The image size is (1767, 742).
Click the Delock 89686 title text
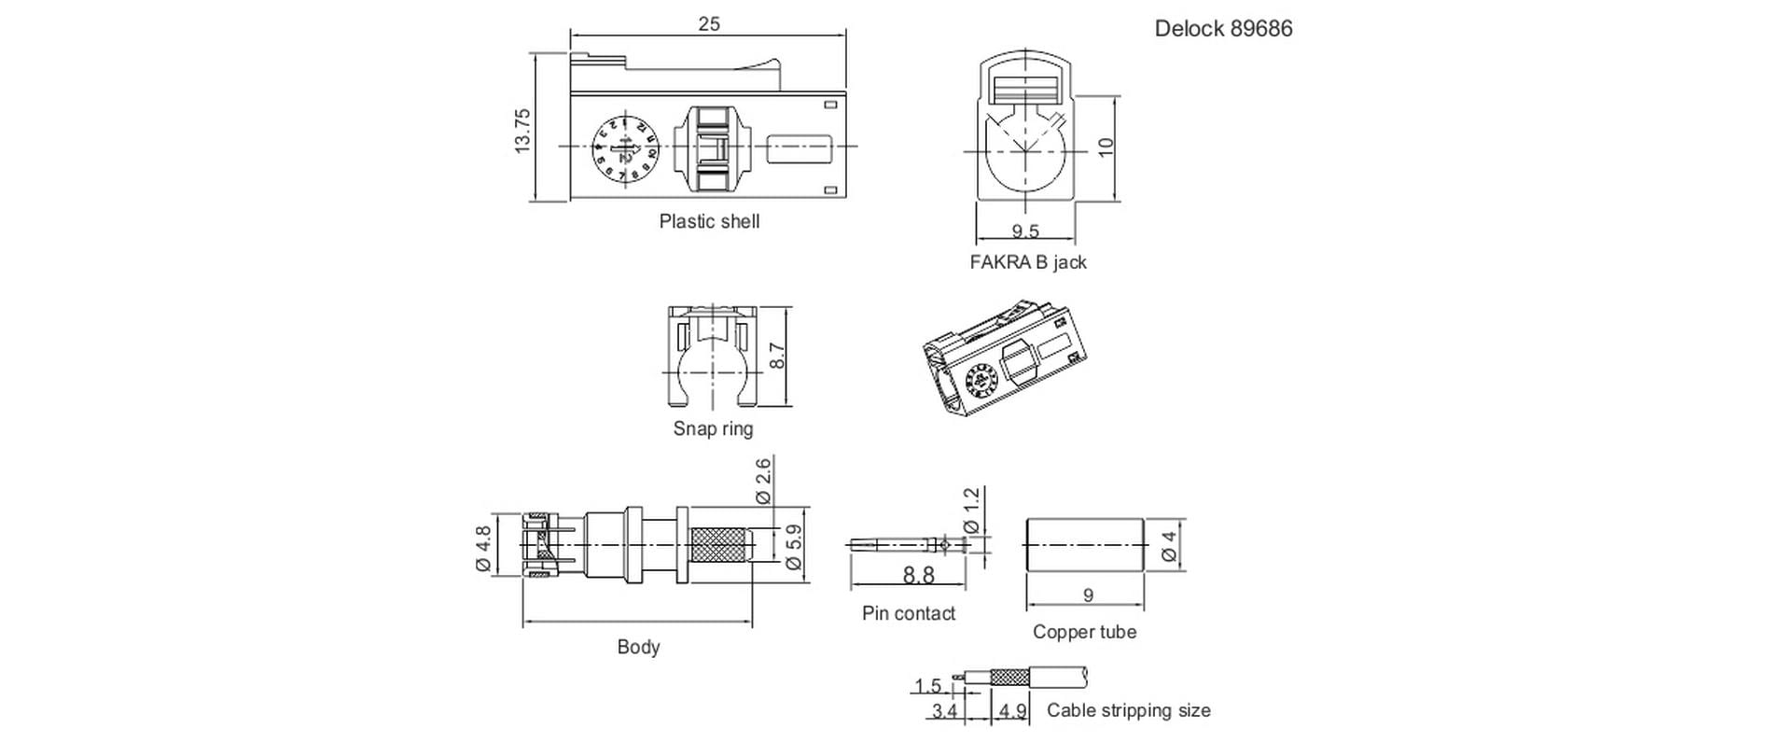coord(1223,29)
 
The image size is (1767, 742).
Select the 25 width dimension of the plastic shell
coord(709,24)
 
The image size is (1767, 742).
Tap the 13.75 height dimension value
coord(522,132)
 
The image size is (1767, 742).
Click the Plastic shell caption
coord(709,222)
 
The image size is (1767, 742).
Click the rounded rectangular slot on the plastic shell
coord(800,148)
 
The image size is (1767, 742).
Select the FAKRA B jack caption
coord(1027,262)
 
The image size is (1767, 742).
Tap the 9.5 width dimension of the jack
coord(1025,231)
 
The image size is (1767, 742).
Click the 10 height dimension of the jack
coord(1106,147)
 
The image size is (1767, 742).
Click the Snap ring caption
coord(713,429)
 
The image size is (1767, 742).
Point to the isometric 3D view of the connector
coord(1003,359)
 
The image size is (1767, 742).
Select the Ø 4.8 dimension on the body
coord(483,548)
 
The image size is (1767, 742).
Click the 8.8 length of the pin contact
coord(918,575)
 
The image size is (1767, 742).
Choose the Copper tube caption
coord(1084,632)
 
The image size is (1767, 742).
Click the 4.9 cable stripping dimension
coord(1012,711)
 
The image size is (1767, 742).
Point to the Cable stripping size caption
coord(1128,710)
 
